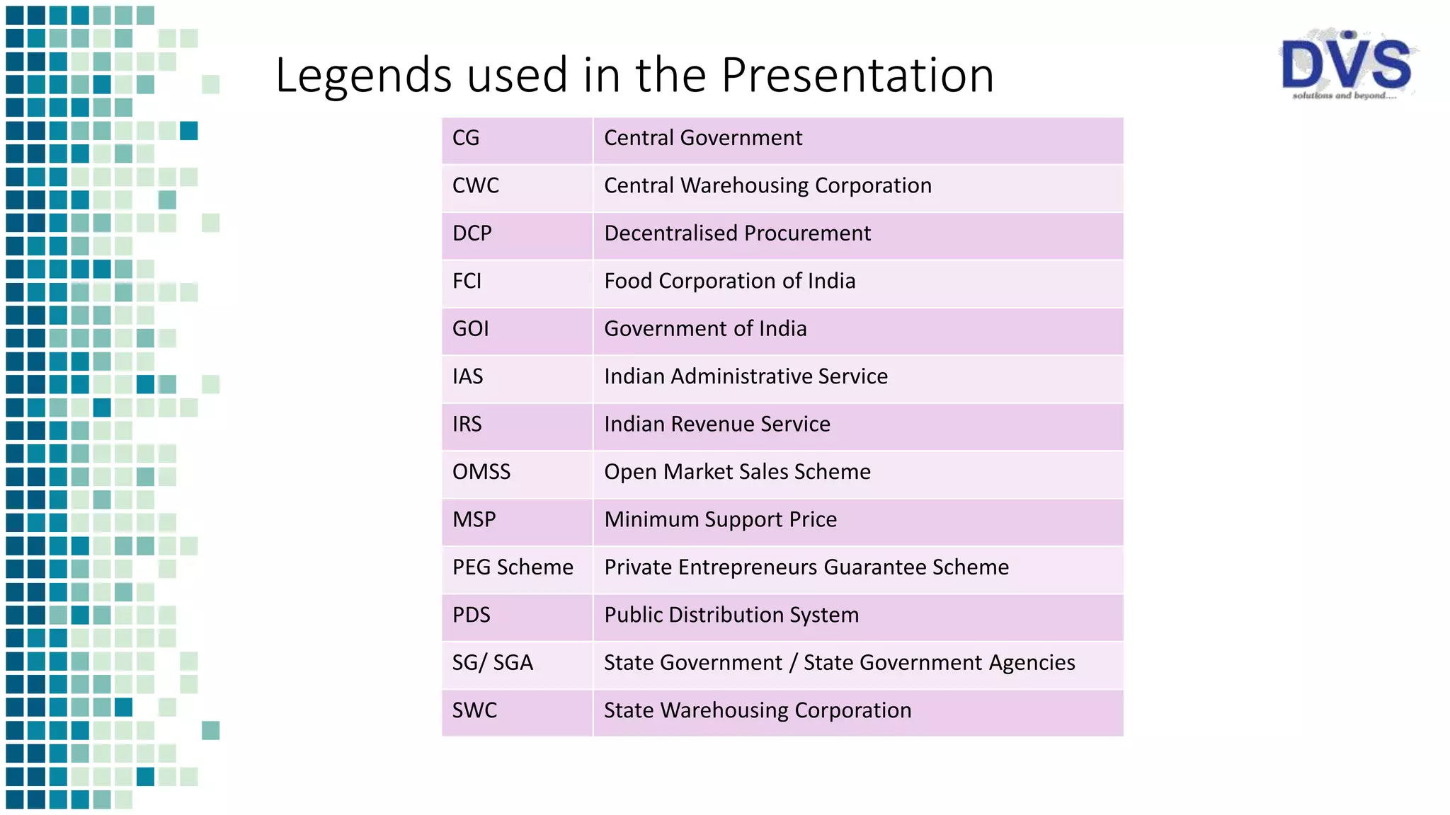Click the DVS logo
tap(1346, 66)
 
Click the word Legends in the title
tap(362, 76)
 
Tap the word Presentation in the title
tap(857, 76)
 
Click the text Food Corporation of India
tap(730, 281)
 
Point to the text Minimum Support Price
tap(721, 520)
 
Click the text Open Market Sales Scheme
tap(737, 472)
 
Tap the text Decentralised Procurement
tap(737, 233)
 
